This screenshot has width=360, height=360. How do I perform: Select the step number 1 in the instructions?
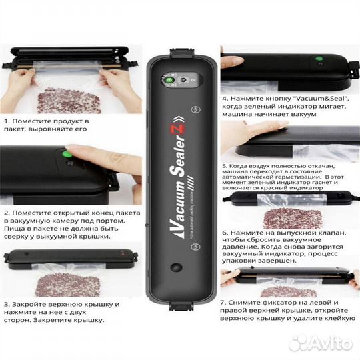point(6,122)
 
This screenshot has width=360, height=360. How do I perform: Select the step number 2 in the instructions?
point(6,213)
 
